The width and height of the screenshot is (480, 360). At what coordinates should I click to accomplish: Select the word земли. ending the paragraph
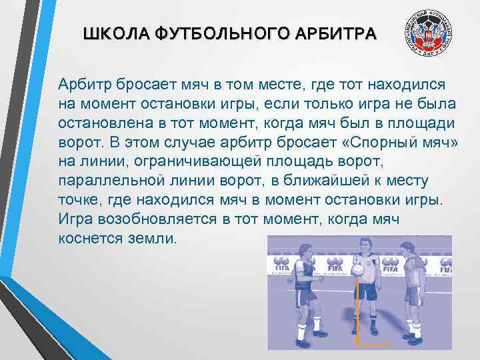pyautogui.click(x=154, y=238)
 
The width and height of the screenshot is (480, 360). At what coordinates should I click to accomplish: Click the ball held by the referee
pyautogui.click(x=357, y=271)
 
